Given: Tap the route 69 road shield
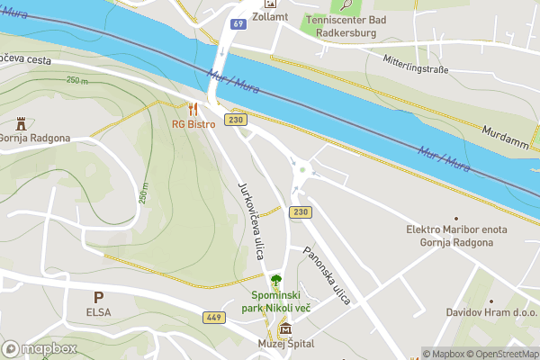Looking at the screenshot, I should [238, 24].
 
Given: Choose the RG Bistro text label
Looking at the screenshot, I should [194, 123].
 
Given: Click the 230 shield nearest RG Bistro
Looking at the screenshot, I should [237, 120].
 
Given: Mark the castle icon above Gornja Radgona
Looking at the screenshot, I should [21, 123].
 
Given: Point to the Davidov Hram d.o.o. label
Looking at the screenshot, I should [490, 312].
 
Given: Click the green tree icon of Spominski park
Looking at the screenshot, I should [275, 279].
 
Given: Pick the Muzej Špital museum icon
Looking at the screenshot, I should [274, 331].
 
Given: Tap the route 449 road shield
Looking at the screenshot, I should [214, 317].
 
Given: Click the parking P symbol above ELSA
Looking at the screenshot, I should [99, 296].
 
